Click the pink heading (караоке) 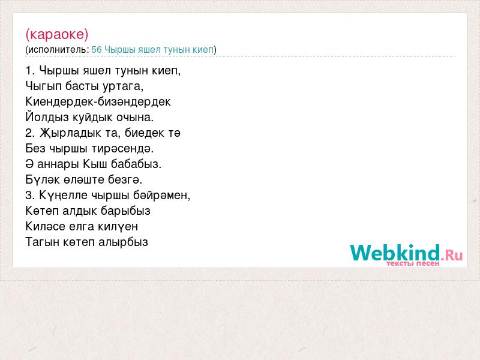coord(57,34)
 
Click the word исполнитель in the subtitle coord(57,50)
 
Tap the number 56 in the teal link coord(97,50)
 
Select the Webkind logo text coord(395,253)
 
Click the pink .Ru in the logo coord(452,254)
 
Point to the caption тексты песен coord(413,263)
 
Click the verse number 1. coord(29,71)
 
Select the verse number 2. coord(29,133)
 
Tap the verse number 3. coord(29,196)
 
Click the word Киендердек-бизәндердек coord(98,102)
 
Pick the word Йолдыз coord(47,117)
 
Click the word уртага coord(123,86)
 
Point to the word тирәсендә coord(122,149)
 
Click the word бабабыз coord(136,164)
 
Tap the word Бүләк coord(43,179)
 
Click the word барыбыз coord(125,211)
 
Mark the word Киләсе coord(46,227)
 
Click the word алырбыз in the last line coord(123,242)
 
